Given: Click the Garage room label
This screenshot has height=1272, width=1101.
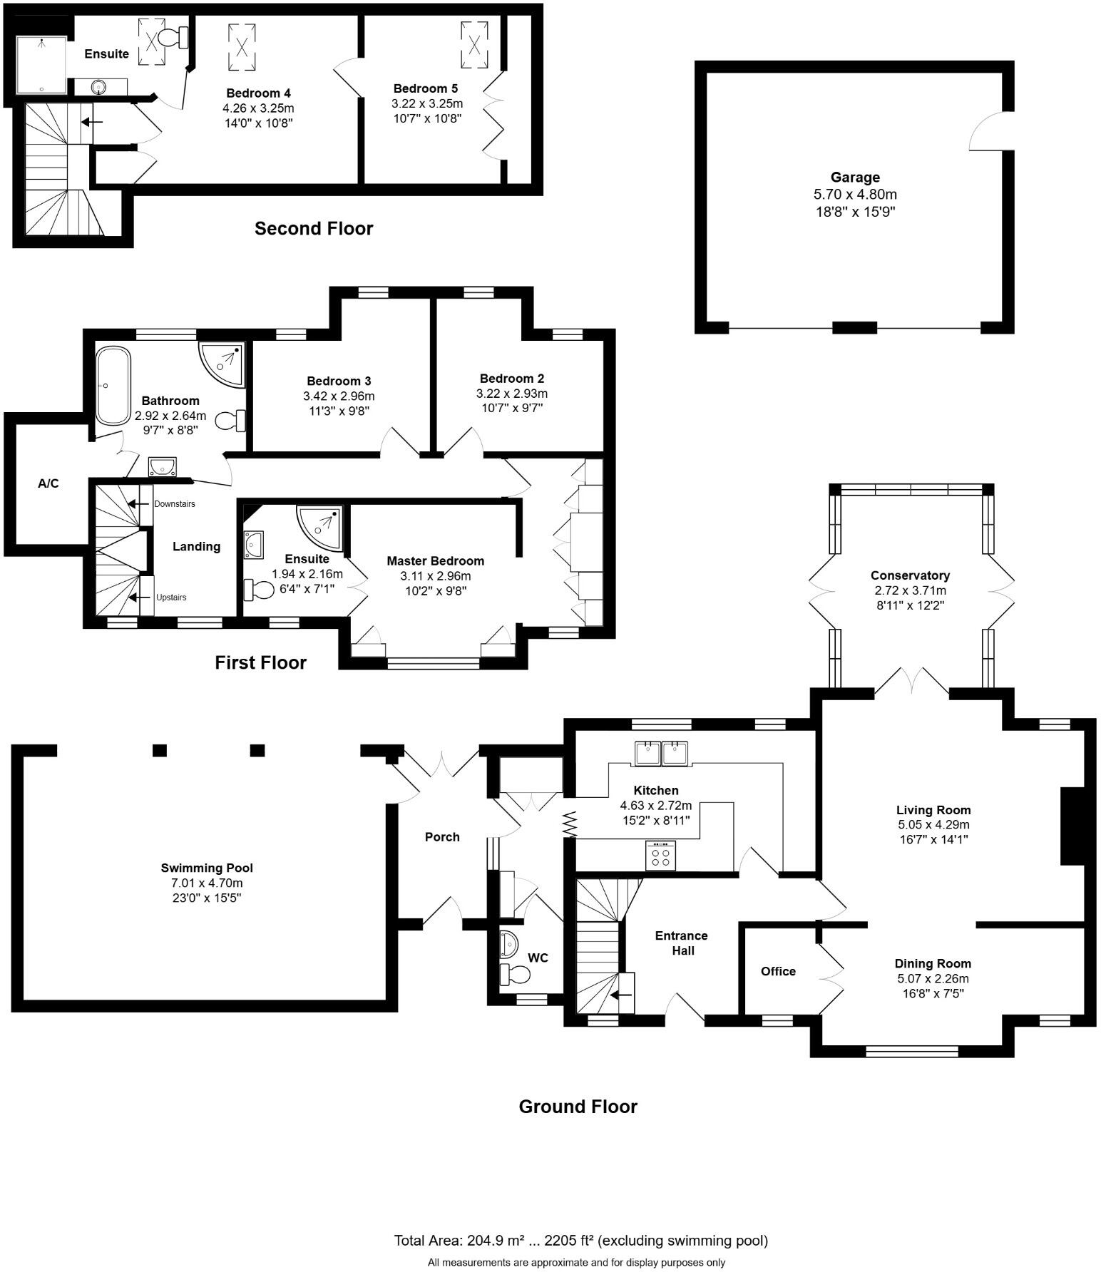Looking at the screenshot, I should coord(854,178).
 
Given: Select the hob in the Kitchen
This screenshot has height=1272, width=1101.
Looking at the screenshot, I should coord(660,855).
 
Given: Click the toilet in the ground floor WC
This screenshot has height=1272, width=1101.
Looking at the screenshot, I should coord(515,974).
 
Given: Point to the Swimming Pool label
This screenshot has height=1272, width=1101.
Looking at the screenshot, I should coord(207,868).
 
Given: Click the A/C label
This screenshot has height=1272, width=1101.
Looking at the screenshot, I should coord(48,484).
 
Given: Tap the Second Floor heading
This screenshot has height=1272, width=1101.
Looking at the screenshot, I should coord(314,229).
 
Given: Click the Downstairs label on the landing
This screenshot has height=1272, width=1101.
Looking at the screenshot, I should coord(174,504).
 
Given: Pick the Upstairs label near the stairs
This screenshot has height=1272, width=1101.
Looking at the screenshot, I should coord(171,597).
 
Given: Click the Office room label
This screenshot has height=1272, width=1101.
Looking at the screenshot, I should coord(778,971).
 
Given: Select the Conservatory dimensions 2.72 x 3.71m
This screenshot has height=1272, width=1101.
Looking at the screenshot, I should coord(910,590).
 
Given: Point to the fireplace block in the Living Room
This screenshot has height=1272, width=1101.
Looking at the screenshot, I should coord(1072,826).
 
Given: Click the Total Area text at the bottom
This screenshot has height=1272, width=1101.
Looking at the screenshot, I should coord(580,1241).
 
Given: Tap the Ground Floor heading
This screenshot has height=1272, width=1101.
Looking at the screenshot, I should coord(578,1107).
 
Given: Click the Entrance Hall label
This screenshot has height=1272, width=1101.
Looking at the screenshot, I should coord(681,943).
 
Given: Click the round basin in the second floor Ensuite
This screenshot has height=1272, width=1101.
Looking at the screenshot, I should coord(98,87).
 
